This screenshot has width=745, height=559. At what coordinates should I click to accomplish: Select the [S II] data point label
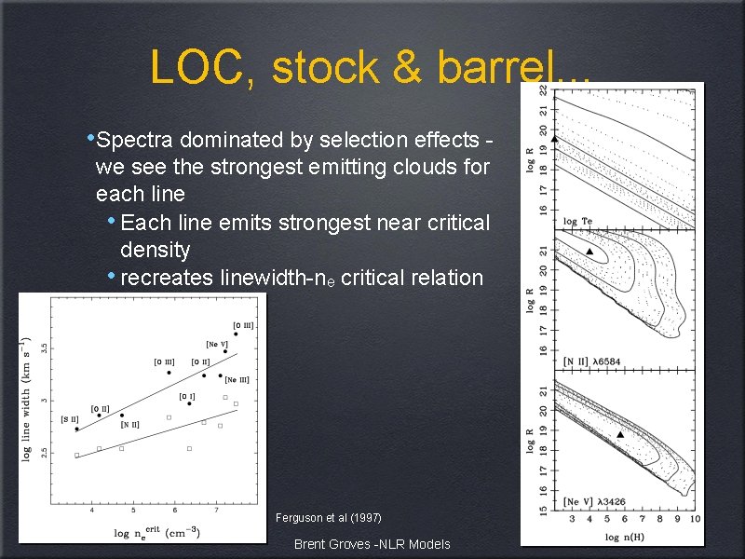click(x=70, y=420)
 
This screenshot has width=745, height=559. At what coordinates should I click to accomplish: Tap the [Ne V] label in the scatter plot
click(x=217, y=344)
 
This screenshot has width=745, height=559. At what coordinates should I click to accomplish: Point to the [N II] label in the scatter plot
click(x=129, y=426)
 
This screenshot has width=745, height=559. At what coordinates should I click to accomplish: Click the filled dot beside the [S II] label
click(x=76, y=429)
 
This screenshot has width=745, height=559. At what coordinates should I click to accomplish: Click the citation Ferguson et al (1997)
click(x=329, y=518)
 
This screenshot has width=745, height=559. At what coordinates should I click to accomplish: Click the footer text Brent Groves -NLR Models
click(x=372, y=544)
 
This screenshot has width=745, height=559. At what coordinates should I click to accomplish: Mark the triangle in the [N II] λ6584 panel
click(x=589, y=252)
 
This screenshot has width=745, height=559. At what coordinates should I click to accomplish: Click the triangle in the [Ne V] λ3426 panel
click(x=620, y=434)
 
